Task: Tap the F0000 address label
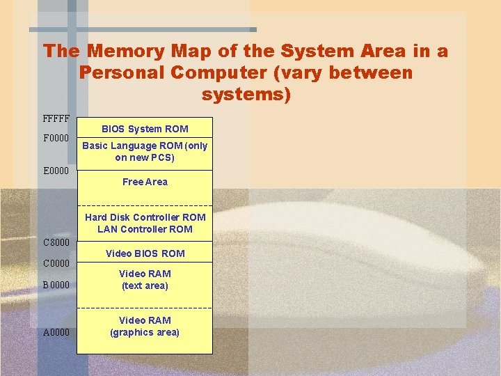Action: coord(56,138)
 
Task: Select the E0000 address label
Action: coord(56,171)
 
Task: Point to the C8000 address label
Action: coord(56,242)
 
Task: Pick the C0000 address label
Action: coord(56,263)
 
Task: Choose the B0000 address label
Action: coord(56,284)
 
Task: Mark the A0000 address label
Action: coord(56,332)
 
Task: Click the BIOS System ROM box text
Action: coord(145,129)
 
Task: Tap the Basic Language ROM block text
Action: coord(145,151)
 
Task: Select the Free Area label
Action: coord(145,182)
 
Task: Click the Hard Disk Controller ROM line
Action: coord(145,217)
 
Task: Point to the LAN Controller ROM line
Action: coord(145,229)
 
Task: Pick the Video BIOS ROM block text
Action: coord(145,253)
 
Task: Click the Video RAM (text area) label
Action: coord(145,279)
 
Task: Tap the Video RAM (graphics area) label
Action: coord(145,326)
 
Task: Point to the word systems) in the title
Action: coord(246,93)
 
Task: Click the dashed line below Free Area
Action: coord(145,205)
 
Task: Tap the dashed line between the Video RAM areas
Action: coord(145,308)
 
